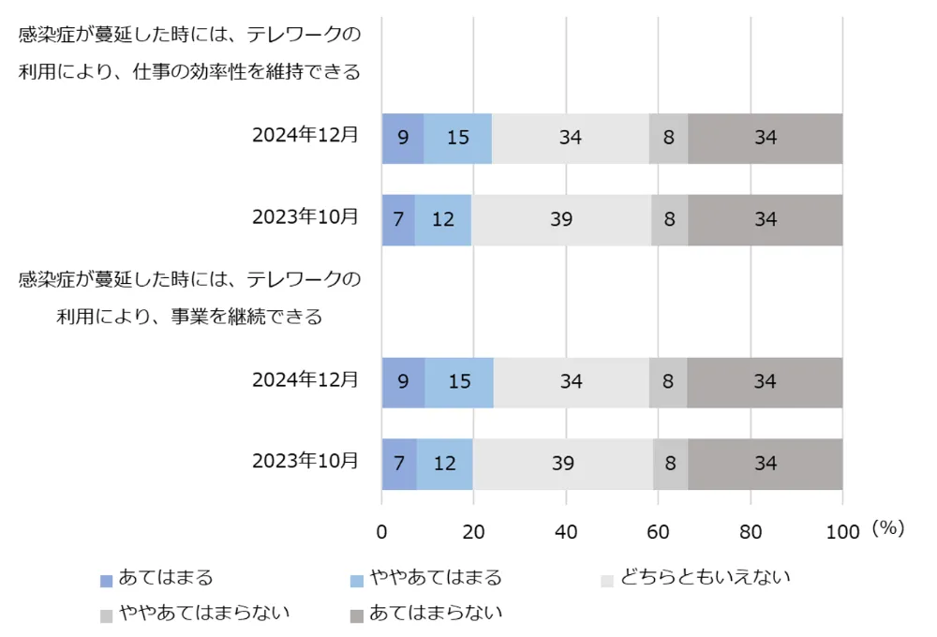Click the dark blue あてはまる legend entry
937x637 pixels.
156,579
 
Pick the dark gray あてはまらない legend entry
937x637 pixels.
426,614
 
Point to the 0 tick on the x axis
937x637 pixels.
381,531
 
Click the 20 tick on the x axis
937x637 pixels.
473,531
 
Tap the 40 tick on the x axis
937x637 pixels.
566,531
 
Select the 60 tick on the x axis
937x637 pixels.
658,531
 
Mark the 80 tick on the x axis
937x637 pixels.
751,531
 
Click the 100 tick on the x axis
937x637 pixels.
842,531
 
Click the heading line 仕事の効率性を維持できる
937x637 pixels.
189,73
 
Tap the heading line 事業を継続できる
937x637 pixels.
189,317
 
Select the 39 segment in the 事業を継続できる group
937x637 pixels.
563,464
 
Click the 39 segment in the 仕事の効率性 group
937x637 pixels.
561,220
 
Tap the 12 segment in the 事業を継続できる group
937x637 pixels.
444,464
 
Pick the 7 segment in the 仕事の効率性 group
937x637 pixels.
398,220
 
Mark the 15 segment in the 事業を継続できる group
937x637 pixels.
459,382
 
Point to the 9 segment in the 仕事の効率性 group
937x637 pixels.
403,139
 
